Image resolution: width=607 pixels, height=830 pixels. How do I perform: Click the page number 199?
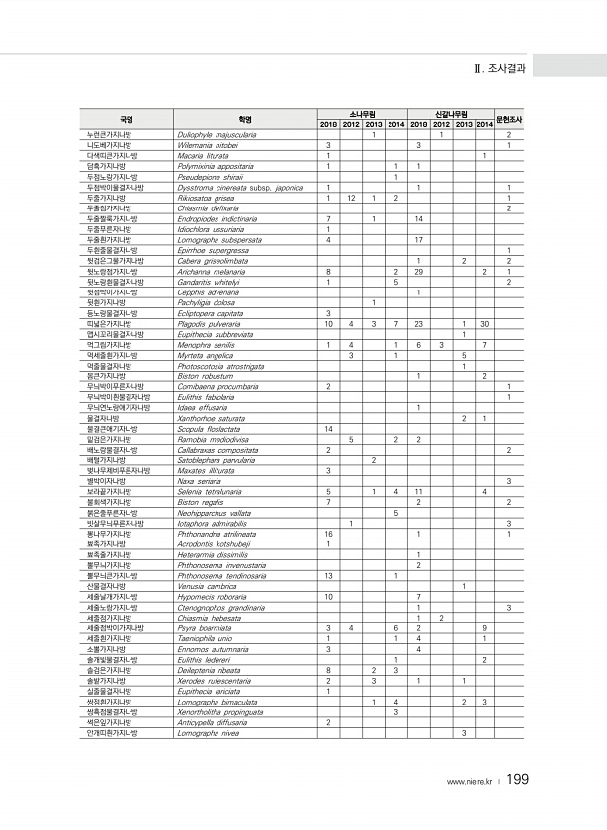coord(518,781)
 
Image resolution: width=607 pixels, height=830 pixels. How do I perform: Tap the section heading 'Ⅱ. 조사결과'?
coord(503,69)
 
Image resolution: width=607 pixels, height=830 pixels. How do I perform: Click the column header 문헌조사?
coord(508,119)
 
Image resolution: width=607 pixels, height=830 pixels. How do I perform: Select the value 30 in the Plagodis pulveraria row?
coord(484,323)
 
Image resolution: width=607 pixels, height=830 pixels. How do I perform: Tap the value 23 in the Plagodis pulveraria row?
coord(419,323)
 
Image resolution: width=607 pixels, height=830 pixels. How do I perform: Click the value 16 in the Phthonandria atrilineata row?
coord(327,534)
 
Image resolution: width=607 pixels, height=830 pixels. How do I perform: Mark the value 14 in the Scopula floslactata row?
coord(327,428)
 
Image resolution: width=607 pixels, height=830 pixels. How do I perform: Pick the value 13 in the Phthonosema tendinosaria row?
coord(327,576)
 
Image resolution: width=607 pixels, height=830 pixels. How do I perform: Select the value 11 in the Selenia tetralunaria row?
coord(419,491)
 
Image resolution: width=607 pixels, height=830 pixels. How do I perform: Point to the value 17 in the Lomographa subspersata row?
coord(419,239)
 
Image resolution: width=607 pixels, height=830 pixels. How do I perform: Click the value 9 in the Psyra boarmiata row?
coord(484,627)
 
